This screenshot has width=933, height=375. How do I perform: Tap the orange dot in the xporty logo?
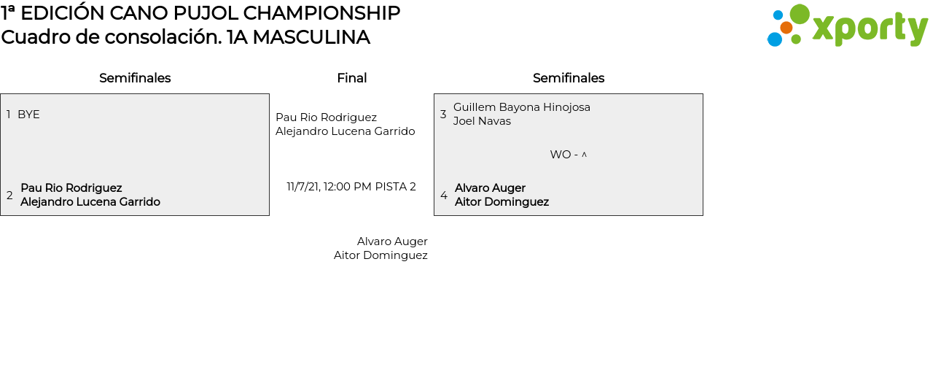tap(786, 28)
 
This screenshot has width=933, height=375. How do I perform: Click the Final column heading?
tap(351, 78)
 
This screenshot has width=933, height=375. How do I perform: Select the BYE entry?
tap(28, 115)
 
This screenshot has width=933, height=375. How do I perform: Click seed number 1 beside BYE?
tap(9, 115)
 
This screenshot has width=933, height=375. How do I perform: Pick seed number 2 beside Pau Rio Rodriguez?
tap(9, 196)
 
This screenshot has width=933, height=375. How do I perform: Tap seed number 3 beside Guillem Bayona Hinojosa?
tap(443, 115)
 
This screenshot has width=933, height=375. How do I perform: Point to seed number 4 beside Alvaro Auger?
tap(444, 196)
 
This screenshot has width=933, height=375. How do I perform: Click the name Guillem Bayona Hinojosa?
tap(522, 107)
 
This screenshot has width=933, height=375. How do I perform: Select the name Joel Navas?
tap(482, 121)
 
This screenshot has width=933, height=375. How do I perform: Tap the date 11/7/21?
tap(303, 187)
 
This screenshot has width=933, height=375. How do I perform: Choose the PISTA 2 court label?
tap(395, 187)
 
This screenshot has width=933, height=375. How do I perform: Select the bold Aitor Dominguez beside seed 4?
tap(501, 202)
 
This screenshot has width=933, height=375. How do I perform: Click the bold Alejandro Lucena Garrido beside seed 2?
tap(90, 202)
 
